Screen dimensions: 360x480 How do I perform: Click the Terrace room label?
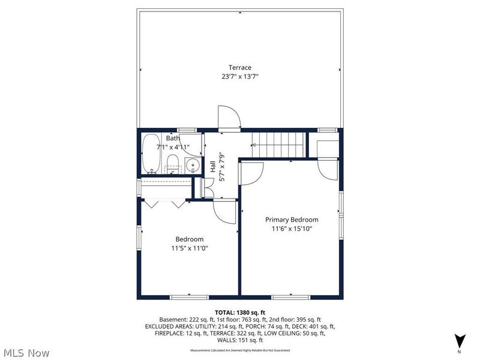click(239, 67)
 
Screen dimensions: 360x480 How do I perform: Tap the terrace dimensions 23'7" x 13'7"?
click(239, 77)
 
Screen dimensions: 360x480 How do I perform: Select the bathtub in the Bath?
click(151, 154)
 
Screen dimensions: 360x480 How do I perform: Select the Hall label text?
click(213, 166)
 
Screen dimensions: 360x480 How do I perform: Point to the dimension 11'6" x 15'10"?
click(292, 229)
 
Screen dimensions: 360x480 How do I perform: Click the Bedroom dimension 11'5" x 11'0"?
click(190, 248)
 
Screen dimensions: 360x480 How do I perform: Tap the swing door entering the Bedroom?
click(224, 211)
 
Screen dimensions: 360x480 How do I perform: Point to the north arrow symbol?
click(459, 340)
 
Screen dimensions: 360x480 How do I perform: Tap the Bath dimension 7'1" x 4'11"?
click(173, 147)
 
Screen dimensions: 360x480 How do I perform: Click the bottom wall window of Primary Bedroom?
click(291, 296)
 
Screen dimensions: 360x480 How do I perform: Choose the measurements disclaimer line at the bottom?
click(239, 350)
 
